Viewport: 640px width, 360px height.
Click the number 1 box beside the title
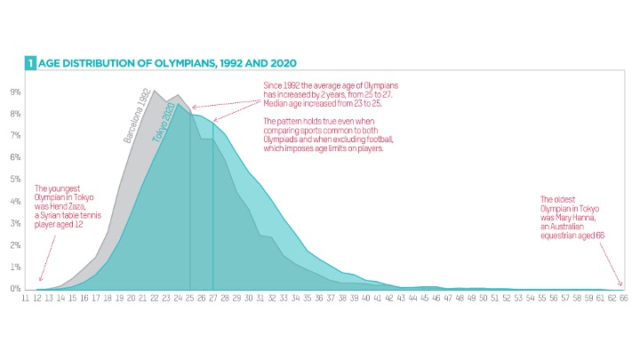[29, 64]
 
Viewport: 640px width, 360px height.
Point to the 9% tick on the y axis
[15, 92]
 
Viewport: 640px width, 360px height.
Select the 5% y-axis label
[15, 179]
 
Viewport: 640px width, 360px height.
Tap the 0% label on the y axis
[15, 288]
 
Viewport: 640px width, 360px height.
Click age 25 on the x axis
[190, 300]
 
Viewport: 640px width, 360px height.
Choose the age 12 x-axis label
[38, 300]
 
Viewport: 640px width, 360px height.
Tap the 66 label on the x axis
[624, 300]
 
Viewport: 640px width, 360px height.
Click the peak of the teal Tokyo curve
[178, 104]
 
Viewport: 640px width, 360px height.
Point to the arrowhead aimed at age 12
[40, 279]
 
